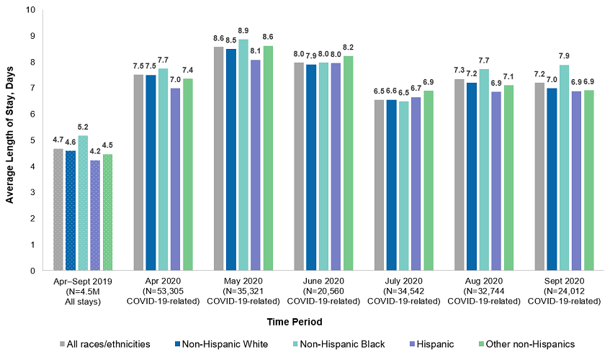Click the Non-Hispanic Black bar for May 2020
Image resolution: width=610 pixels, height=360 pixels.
click(243, 155)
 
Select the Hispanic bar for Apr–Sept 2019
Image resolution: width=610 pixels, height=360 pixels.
click(95, 215)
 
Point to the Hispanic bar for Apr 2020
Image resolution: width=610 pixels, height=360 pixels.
click(175, 179)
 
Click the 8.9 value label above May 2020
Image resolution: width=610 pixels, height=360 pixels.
click(243, 31)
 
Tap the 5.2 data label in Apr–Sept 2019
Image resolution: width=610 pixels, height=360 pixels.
click(83, 127)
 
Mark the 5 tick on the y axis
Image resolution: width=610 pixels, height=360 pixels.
click(32, 140)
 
